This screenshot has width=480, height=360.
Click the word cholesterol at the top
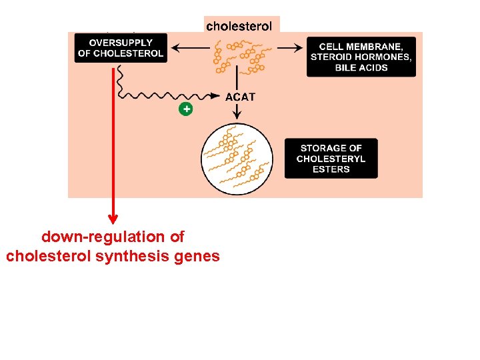click(x=239, y=26)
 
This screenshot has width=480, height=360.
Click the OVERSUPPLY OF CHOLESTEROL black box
click(x=121, y=48)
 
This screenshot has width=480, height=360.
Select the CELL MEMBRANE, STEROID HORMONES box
click(x=361, y=57)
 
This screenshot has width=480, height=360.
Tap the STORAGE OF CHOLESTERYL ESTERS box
click(x=331, y=159)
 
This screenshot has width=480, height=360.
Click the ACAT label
click(x=240, y=97)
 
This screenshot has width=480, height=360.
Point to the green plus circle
click(x=186, y=109)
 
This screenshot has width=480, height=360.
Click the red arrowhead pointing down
click(x=113, y=219)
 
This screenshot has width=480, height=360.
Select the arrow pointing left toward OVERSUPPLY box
click(x=190, y=48)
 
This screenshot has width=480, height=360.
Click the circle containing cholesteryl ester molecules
click(x=236, y=159)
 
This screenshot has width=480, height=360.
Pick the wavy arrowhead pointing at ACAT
click(x=215, y=96)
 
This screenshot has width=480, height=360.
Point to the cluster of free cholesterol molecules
click(x=239, y=57)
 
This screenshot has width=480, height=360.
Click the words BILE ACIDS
click(x=361, y=67)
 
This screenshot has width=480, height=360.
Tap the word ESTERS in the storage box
click(x=331, y=169)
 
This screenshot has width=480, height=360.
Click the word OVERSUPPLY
click(x=121, y=43)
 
